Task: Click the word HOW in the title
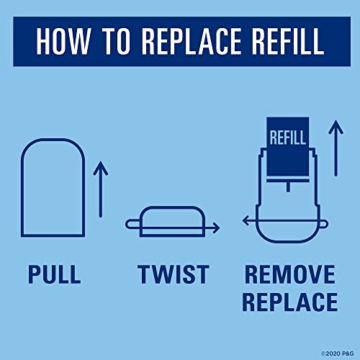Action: pos(63,41)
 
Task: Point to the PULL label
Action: pos(55,274)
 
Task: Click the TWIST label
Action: pos(174,274)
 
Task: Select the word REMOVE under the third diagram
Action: pos(290,274)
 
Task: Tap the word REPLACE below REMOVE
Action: pos(290,302)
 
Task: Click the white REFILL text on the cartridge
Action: pos(287,138)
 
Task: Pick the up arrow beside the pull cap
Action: pos(101,189)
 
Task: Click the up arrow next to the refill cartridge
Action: pos(336,148)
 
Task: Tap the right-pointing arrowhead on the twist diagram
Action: pos(216,228)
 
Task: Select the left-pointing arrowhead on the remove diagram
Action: pos(246,220)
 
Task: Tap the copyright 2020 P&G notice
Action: pos(338,354)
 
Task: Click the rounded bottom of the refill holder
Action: pos(288,241)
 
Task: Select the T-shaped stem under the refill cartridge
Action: pos(288,184)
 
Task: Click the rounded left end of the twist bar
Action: pos(127,224)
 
